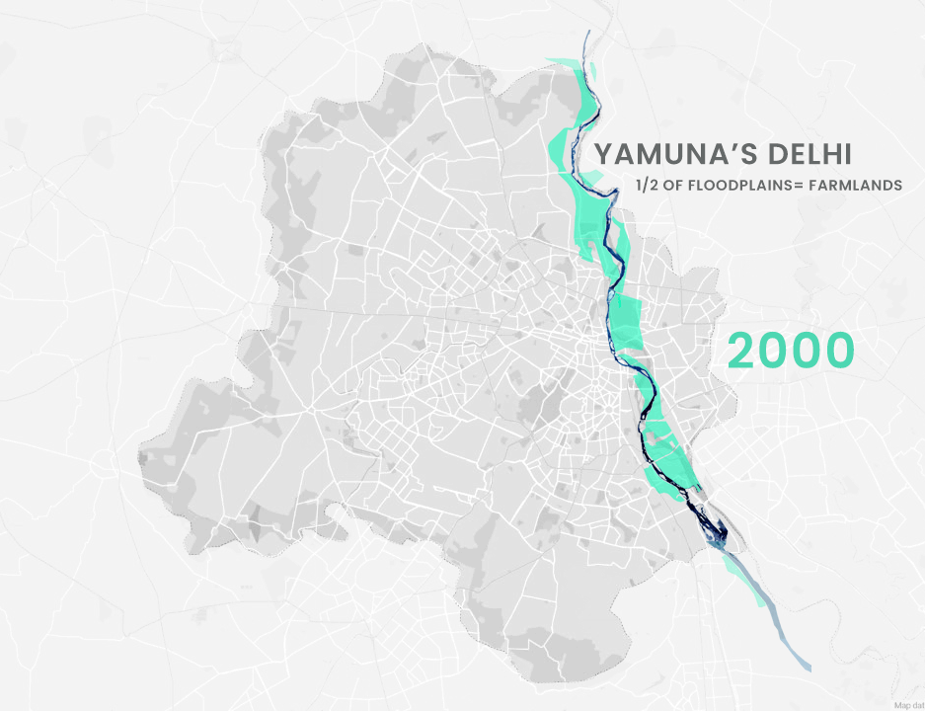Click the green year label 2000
coord(791,351)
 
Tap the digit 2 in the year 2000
coord(742,351)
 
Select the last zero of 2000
coord(840,351)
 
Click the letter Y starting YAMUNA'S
coord(605,155)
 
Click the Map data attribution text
coord(907,704)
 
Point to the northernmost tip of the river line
coord(585,33)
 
